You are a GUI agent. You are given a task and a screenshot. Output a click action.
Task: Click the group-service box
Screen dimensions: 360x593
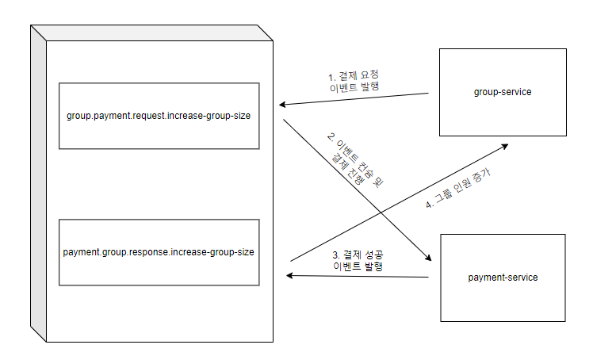(503, 92)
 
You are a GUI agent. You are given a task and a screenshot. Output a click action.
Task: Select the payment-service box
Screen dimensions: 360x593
(503, 277)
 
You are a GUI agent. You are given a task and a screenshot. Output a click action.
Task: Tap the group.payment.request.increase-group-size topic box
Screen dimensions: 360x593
(159, 116)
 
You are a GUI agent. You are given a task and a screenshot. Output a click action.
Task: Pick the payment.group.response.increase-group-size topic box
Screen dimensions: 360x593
(159, 252)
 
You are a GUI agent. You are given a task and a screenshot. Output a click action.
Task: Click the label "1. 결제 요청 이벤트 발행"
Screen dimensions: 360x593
(354, 83)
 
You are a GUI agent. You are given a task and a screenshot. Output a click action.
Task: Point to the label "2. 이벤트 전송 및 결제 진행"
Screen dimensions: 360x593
(350, 158)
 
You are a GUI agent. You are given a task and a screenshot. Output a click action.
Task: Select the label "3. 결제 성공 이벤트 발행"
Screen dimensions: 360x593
(357, 261)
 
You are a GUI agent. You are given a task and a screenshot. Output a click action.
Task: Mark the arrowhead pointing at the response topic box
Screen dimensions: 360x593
(291, 275)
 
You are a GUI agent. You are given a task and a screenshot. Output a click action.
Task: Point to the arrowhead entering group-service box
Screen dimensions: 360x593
(504, 146)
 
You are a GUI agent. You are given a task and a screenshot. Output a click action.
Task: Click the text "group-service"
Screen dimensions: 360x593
(503, 92)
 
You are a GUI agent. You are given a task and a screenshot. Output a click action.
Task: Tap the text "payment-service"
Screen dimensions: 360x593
(503, 277)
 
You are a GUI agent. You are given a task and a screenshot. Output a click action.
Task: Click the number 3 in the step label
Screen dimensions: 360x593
(335, 255)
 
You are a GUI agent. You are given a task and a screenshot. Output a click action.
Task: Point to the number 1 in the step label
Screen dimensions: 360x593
(331, 77)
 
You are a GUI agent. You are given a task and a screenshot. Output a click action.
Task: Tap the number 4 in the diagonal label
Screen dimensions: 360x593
(429, 205)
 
